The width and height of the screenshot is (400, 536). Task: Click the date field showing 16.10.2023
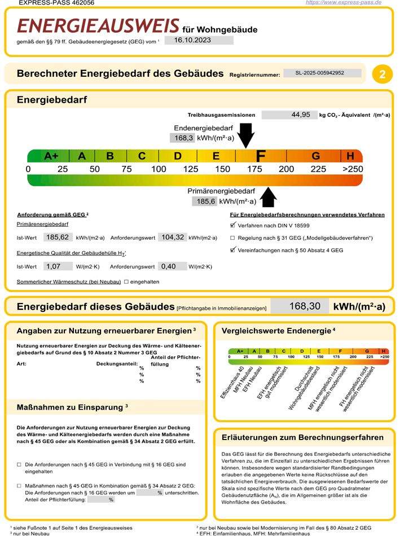pyautogui.click(x=199, y=40)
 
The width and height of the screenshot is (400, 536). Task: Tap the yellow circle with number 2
pyautogui.click(x=382, y=74)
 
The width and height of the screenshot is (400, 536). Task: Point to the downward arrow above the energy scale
pyautogui.click(x=246, y=134)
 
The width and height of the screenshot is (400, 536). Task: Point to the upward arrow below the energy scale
pyautogui.click(x=269, y=197)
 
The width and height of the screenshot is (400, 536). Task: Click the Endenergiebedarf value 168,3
pyautogui.click(x=183, y=138)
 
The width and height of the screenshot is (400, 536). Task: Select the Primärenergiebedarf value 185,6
pyautogui.click(x=205, y=201)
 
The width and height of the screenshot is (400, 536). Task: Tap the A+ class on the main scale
pyautogui.click(x=51, y=156)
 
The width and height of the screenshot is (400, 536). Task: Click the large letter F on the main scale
pyautogui.click(x=261, y=156)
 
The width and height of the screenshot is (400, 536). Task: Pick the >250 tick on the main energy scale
pyautogui.click(x=353, y=169)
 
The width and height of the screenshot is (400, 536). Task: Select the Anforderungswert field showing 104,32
pyautogui.click(x=172, y=238)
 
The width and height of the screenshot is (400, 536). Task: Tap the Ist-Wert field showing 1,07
pyautogui.click(x=55, y=266)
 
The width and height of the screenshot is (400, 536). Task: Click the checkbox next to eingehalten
pyautogui.click(x=126, y=281)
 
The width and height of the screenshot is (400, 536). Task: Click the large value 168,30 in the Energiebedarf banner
pyautogui.click(x=305, y=306)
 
